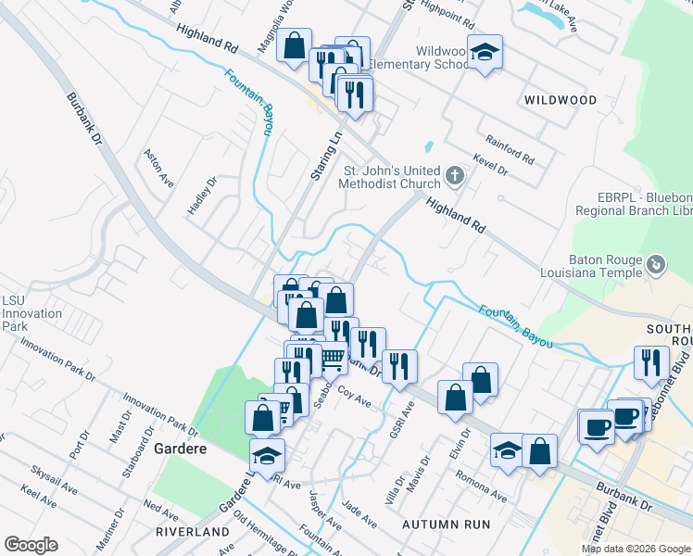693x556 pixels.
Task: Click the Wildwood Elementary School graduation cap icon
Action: point(485,52)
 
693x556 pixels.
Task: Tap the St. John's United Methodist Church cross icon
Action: point(454,175)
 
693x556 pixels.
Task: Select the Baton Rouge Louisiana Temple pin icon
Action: point(656,266)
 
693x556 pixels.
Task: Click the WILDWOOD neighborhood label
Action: point(560,98)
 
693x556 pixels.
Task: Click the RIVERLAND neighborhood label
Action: point(193,532)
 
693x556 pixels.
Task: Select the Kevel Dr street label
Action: point(491,166)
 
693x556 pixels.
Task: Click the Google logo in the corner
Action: point(31,545)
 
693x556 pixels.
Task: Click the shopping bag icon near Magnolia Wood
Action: point(294,45)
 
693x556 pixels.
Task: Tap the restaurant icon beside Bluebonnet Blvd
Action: point(651,361)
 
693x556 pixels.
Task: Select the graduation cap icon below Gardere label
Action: point(267,455)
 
